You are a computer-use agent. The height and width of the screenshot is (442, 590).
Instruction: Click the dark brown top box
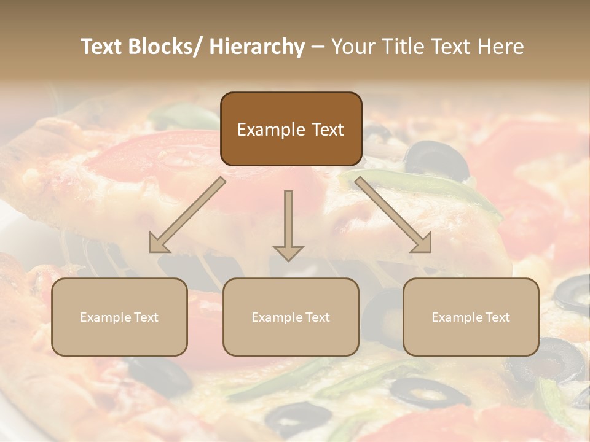click(291, 129)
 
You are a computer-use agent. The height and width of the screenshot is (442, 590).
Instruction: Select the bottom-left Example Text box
click(119, 317)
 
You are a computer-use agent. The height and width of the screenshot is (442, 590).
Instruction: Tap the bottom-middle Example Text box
click(291, 317)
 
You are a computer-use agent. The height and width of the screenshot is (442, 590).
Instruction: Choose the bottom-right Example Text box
click(471, 317)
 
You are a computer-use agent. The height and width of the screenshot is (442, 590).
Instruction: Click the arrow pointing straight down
click(288, 225)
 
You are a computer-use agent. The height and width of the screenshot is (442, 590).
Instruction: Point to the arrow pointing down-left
click(187, 215)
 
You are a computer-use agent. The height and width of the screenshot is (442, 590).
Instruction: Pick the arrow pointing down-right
click(393, 215)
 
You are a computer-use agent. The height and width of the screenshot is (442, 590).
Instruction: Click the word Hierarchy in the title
click(256, 47)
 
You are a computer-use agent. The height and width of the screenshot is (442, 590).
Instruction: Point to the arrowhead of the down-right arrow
click(422, 244)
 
